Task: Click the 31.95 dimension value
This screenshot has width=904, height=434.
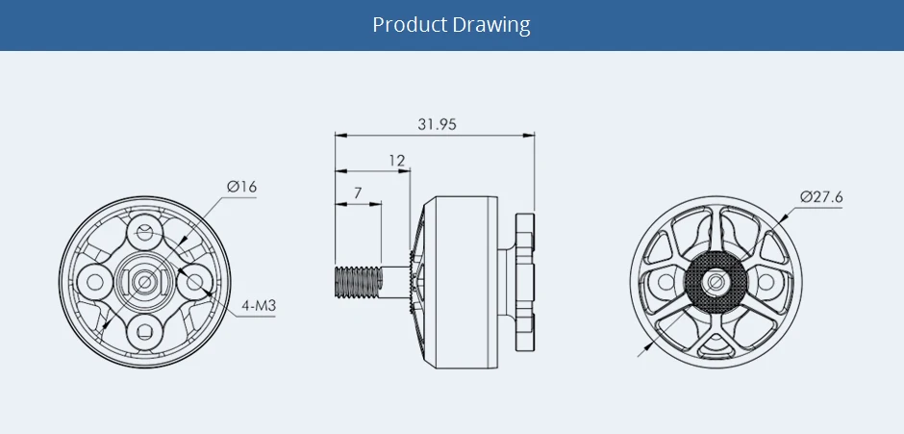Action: point(437,124)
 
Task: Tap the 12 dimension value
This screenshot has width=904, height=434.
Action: point(396,160)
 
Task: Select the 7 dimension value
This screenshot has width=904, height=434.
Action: point(358,192)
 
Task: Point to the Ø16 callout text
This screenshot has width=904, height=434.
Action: point(241,187)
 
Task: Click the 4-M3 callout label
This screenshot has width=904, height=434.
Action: point(259,305)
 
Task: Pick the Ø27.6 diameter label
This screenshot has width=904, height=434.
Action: point(821,197)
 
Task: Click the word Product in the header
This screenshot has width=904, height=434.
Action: point(410,25)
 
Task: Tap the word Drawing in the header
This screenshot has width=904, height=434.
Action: point(491,25)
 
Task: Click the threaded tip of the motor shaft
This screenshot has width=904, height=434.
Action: point(358,282)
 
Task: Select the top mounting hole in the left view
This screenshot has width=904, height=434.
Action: point(144,233)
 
